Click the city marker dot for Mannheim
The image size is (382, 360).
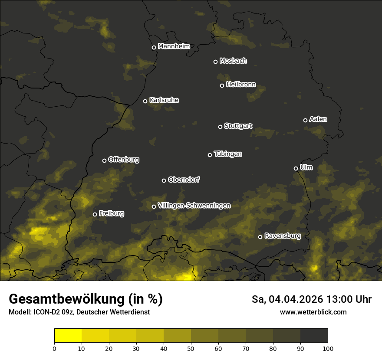[x=154, y=48]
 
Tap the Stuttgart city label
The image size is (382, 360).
[x=238, y=126]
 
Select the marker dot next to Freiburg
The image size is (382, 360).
[x=95, y=214]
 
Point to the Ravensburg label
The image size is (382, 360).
[x=282, y=236]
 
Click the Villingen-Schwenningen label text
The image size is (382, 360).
[x=194, y=206]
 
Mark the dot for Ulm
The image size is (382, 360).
[x=296, y=168]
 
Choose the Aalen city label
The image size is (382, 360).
[x=318, y=119]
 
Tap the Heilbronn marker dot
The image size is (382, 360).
[x=222, y=85]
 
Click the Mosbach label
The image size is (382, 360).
[x=233, y=61]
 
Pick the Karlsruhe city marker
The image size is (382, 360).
[x=145, y=101]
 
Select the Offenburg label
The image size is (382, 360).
[x=123, y=160]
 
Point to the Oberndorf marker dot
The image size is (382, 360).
[x=164, y=180]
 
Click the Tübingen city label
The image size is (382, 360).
[x=227, y=154]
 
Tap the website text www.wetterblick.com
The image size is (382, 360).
[x=313, y=312]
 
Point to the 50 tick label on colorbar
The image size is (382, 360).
[x=191, y=348]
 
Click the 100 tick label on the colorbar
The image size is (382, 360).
[x=327, y=348]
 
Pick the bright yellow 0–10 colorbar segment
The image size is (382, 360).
[x=68, y=336]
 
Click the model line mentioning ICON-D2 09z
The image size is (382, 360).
[x=79, y=312]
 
